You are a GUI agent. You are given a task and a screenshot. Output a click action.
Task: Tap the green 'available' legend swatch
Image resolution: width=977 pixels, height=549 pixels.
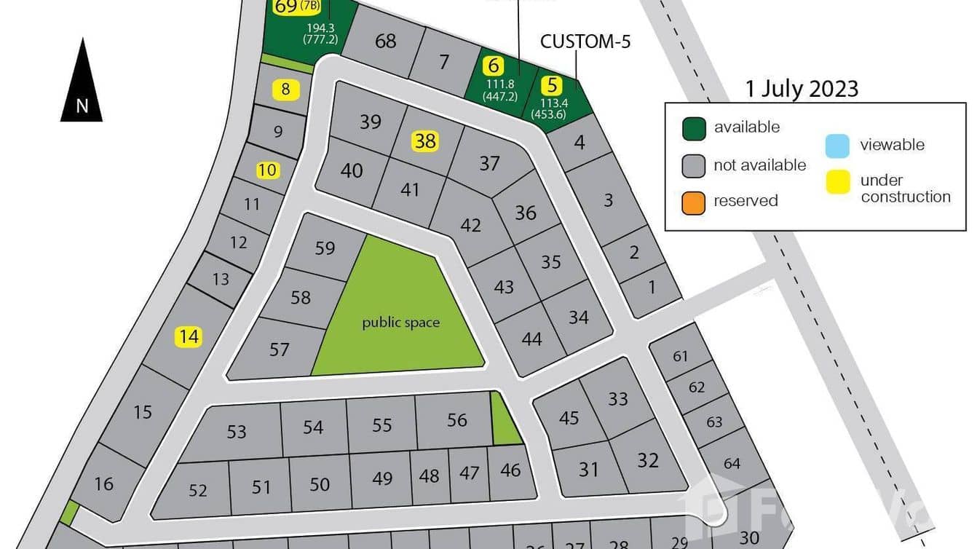click(x=694, y=128)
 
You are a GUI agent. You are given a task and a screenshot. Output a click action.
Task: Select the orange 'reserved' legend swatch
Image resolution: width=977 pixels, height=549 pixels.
click(x=694, y=202)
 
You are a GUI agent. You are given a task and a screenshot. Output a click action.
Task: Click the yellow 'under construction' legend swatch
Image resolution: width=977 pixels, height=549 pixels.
click(x=837, y=182)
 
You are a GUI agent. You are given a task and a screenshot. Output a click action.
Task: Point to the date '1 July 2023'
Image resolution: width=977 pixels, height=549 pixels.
click(x=802, y=89)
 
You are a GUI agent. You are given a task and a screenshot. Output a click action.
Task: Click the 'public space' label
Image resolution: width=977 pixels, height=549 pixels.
click(x=400, y=322)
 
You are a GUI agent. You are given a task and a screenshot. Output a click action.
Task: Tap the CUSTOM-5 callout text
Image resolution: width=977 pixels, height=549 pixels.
click(x=585, y=42)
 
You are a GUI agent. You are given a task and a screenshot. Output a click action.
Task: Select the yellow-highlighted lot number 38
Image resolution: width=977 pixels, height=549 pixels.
click(x=425, y=141)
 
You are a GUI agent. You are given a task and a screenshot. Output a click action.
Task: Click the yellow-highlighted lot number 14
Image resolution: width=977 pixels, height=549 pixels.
click(x=188, y=336)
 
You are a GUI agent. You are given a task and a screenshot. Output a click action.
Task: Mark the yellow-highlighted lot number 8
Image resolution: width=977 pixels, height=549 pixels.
click(x=285, y=90)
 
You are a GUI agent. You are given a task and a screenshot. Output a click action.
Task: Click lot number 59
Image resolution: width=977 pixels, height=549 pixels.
click(x=325, y=248)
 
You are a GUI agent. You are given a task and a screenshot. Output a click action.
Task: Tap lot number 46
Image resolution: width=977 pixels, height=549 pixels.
click(x=510, y=470)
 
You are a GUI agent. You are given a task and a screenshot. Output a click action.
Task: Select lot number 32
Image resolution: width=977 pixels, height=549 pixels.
click(x=647, y=460)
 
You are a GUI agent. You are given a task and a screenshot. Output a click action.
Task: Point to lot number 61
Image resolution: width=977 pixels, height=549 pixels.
click(x=680, y=356)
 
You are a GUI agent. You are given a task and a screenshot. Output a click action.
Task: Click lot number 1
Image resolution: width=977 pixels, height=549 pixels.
click(x=652, y=287)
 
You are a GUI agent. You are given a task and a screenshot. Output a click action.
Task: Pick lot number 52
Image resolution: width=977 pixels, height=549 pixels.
click(x=198, y=490)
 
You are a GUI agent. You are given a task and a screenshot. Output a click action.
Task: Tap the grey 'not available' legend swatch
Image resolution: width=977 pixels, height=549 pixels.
click(x=694, y=166)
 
